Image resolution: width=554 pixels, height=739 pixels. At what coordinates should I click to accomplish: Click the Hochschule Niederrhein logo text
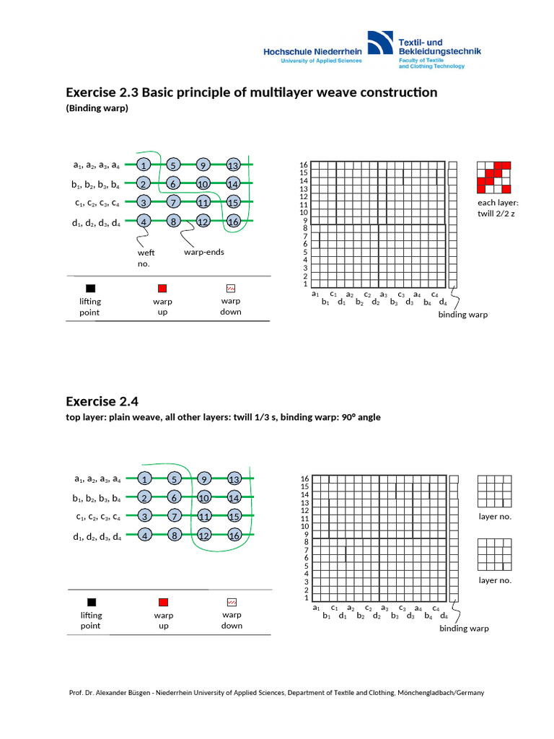(312, 52)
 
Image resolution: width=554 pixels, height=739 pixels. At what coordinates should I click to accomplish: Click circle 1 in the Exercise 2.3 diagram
(144, 165)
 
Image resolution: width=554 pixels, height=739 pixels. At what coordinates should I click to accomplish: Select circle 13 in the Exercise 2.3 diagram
(233, 165)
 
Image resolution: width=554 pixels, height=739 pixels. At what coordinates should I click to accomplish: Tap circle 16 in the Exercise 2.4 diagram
(233, 535)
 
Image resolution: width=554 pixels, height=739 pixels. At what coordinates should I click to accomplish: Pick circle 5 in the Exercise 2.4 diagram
(173, 479)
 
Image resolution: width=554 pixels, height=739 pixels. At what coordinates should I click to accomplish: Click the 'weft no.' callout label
(146, 258)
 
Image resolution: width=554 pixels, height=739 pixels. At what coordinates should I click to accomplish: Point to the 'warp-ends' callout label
(203, 253)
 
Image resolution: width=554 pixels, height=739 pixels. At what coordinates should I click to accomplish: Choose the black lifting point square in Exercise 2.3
(91, 288)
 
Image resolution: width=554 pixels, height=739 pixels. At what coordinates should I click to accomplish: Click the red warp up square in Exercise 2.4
(163, 602)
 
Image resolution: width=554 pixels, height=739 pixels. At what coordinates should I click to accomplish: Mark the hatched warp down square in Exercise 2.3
(231, 288)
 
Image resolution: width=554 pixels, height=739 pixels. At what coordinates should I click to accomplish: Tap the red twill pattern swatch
(494, 178)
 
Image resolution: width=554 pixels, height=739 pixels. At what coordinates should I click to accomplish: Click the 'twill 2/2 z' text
(498, 214)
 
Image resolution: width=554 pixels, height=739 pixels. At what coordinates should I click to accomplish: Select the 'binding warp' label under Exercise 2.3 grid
(462, 315)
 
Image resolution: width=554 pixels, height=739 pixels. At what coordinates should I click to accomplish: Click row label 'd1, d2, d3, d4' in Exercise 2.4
(97, 535)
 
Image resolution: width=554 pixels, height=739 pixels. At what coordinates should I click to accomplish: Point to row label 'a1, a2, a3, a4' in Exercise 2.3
(96, 165)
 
